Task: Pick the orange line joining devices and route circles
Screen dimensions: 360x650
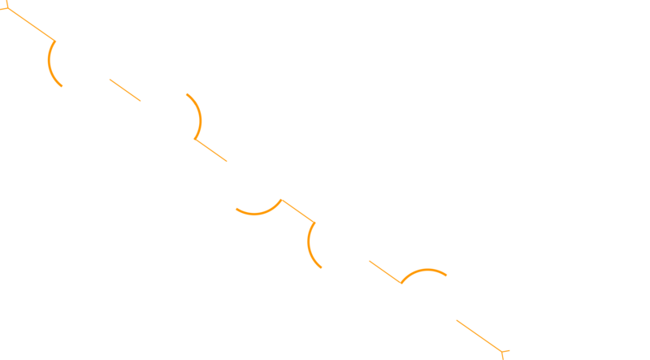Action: coord(297,210)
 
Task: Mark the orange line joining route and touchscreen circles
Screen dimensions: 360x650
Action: coord(383,271)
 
